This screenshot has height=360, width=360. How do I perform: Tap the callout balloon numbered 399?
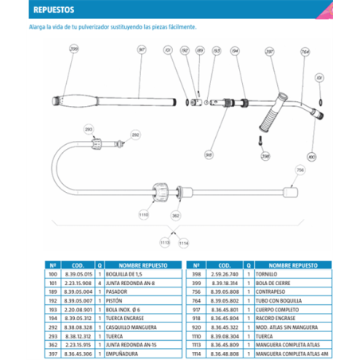[x=75, y=50]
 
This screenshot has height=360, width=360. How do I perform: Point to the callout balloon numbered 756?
[x=300, y=170]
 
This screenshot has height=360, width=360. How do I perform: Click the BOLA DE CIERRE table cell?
[x=282, y=281]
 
